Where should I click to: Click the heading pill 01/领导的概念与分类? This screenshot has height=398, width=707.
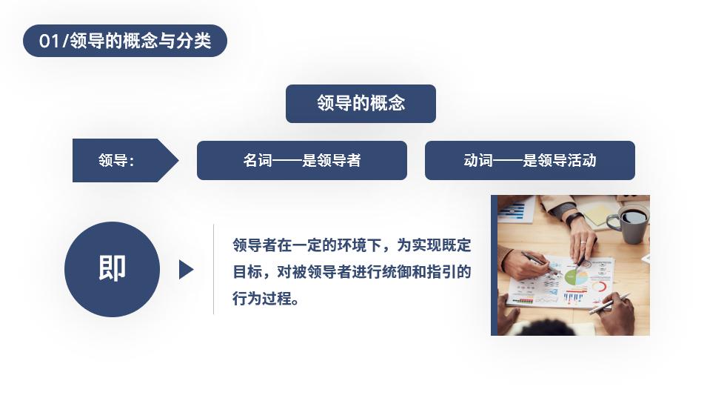point(125,41)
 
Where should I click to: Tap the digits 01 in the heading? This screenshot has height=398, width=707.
point(49,41)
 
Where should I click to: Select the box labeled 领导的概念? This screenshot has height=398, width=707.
point(361,103)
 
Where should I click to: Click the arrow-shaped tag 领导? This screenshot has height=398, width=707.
point(125,160)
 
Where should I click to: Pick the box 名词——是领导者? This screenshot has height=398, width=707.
point(302,160)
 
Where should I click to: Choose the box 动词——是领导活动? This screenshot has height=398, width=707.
point(530,160)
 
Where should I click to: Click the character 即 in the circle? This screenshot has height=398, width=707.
point(112,268)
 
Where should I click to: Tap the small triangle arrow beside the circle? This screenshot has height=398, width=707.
point(186,269)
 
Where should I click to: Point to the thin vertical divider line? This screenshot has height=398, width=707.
point(213,269)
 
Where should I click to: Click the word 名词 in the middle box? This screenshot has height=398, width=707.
point(258,160)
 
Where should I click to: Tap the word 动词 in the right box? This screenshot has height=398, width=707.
point(478,160)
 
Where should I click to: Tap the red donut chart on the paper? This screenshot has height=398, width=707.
point(599,287)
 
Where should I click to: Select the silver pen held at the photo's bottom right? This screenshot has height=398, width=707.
point(609,303)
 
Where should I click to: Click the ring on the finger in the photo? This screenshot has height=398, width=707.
point(583,243)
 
